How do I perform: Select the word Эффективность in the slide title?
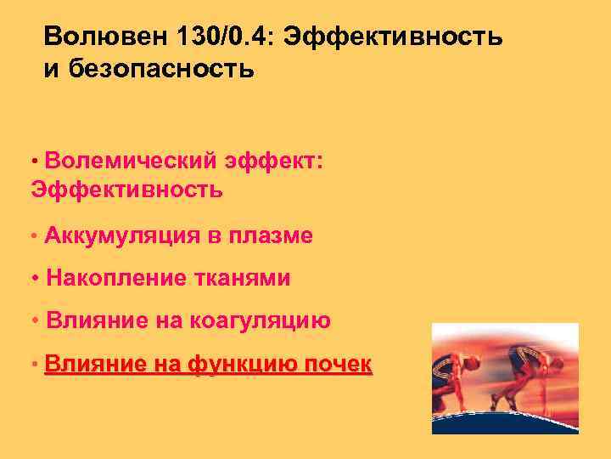tap(394, 37)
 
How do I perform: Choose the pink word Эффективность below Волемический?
tap(126, 190)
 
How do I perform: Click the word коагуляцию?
tap(261, 320)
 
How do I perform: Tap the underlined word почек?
tap(338, 365)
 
